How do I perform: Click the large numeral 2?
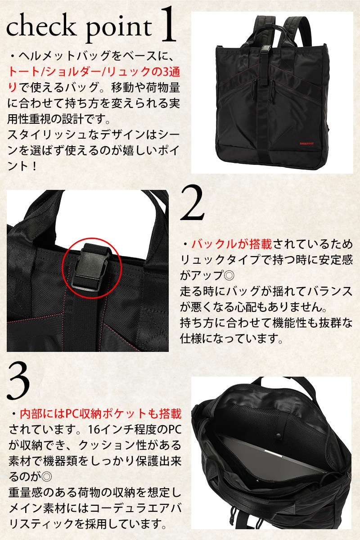point(192,203)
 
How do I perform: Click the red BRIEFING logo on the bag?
point(306,143)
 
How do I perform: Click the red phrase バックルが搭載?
point(231,244)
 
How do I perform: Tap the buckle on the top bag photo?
point(265,51)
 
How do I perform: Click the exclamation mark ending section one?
point(34,166)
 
